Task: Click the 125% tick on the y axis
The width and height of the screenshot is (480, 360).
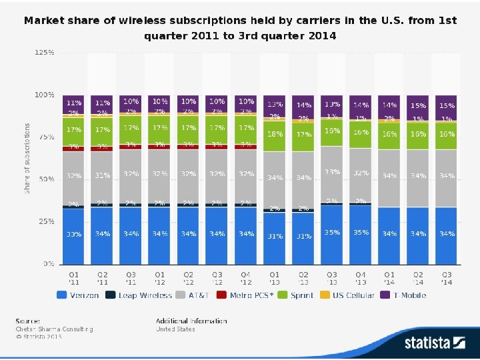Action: click(44, 52)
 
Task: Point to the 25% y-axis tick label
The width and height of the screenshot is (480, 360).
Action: click(45, 221)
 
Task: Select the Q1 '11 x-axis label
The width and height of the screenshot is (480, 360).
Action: click(73, 278)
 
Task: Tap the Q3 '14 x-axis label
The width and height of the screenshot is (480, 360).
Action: click(447, 278)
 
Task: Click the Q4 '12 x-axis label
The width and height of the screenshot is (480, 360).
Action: click(246, 278)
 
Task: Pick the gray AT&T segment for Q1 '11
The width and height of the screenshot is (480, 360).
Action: click(73, 177)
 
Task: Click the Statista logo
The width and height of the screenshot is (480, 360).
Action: click(434, 343)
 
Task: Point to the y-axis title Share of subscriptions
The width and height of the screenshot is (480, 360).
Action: click(28, 158)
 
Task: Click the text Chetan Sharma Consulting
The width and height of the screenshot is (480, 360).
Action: click(54, 329)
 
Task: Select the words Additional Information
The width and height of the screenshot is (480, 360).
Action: click(191, 321)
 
